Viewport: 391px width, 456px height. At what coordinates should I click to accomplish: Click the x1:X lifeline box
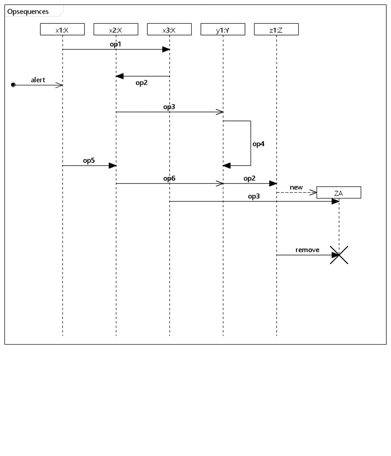click(62, 29)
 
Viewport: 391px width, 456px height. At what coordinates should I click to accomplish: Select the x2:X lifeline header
click(116, 29)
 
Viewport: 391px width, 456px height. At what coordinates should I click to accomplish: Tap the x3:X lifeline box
click(169, 29)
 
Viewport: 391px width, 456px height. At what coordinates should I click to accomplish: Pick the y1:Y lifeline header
click(223, 29)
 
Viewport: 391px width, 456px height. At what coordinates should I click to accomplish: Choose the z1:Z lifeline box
click(276, 29)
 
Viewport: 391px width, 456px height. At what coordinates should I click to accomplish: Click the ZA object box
click(339, 193)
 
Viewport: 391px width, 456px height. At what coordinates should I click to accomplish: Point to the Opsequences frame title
click(28, 12)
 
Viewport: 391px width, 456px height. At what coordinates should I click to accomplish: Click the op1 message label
click(116, 44)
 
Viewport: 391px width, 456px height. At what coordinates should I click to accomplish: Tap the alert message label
click(38, 80)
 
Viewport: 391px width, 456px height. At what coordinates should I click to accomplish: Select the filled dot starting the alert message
click(13, 85)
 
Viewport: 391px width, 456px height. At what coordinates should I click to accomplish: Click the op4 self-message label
click(258, 144)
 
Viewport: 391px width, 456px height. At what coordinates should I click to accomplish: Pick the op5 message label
click(89, 160)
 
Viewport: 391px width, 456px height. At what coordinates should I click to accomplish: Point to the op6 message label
click(169, 178)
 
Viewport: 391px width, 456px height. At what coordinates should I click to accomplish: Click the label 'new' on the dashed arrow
click(296, 187)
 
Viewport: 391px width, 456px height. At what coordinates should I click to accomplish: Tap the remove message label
click(307, 250)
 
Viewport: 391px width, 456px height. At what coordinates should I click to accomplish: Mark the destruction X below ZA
click(339, 255)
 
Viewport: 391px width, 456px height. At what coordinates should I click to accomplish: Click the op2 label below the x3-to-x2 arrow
click(142, 83)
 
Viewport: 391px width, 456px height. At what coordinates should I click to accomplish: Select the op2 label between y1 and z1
click(250, 178)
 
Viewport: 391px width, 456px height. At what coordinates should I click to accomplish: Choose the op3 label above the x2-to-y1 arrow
click(169, 107)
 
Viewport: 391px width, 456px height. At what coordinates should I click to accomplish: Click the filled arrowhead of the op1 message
click(166, 50)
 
